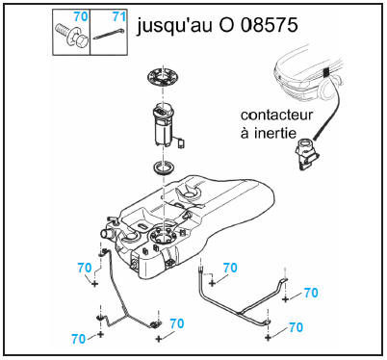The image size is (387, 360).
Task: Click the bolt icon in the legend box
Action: click(71, 36)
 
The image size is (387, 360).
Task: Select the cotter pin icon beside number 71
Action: click(109, 33)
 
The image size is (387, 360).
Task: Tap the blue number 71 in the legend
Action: click(118, 16)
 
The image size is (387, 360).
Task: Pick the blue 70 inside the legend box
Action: click(81, 16)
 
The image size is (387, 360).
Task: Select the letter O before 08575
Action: click(226, 25)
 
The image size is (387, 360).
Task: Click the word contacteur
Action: click(276, 116)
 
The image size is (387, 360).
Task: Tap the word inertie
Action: click(275, 133)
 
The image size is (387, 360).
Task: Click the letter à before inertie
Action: click(245, 133)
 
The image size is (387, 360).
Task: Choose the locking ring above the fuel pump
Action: click(163, 78)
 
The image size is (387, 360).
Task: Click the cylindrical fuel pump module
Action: click(164, 124)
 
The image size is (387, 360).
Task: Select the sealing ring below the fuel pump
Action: click(165, 167)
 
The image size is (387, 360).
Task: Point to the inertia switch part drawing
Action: click(306, 154)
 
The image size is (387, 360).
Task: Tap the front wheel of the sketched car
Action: click(328, 89)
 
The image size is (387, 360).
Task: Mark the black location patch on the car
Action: click(326, 73)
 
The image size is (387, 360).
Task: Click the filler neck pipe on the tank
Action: click(106, 233)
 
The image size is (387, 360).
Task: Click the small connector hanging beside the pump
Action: click(181, 143)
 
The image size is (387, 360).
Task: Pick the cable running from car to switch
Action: click(329, 109)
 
